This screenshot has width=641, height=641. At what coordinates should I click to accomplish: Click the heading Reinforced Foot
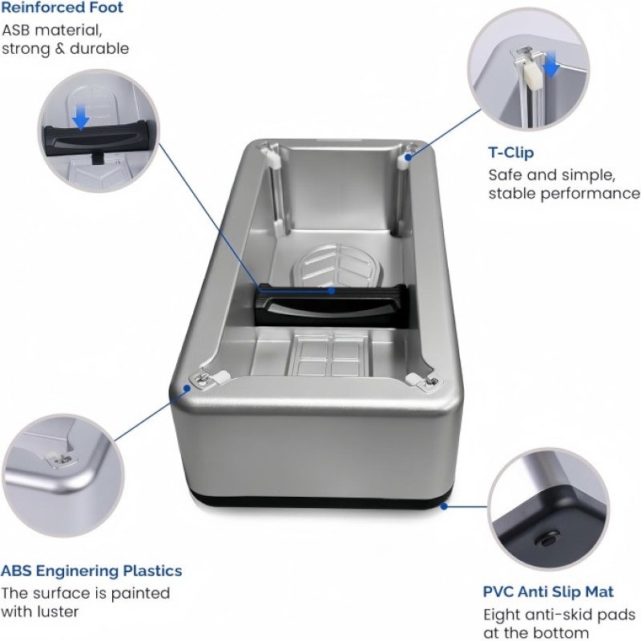coord(62,8)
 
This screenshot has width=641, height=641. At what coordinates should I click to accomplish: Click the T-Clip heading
coord(510,152)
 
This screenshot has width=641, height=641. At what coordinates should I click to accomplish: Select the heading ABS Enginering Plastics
coord(91,571)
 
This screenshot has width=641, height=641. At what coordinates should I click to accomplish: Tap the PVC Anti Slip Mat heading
coord(548,592)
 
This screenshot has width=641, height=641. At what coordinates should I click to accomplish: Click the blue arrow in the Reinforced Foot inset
coord(80,119)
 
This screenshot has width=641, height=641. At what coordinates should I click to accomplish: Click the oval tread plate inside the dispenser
coord(337,264)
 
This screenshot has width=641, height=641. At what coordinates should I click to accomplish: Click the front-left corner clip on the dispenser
coord(205,377)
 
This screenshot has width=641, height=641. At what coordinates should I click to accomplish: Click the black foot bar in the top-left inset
coord(96,140)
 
